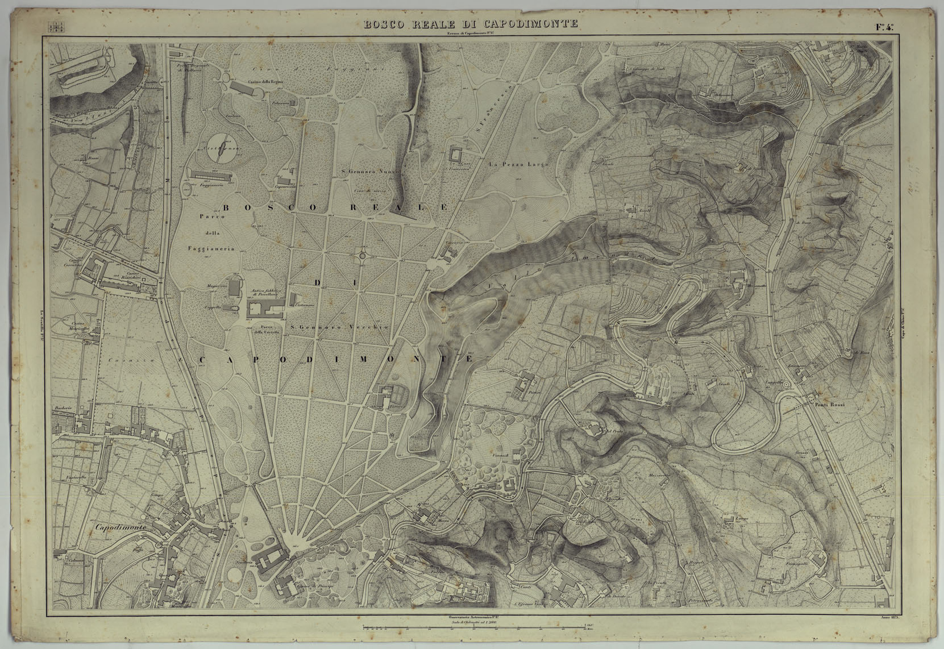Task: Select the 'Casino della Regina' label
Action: pos(263,82)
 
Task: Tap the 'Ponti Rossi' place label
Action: pos(830,405)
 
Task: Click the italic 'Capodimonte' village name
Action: pos(121,527)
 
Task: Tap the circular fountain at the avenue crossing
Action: pos(362,256)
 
